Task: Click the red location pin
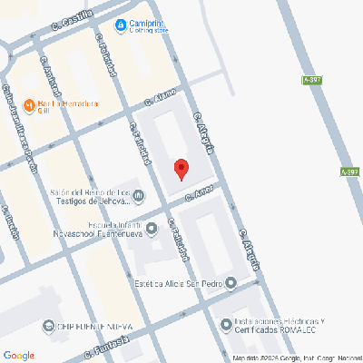click(x=181, y=169)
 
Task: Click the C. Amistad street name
click(x=51, y=77)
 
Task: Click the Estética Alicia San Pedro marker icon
click(x=231, y=283)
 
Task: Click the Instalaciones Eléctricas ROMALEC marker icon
click(x=225, y=324)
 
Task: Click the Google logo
click(x=19, y=354)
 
